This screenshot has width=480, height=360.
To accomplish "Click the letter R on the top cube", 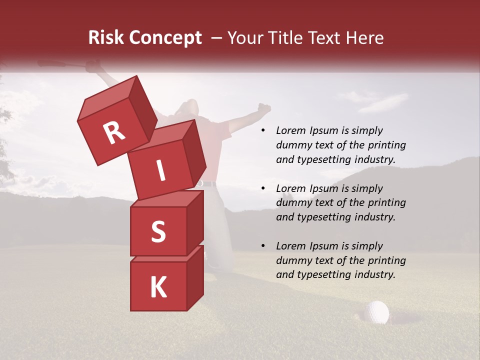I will (114, 132).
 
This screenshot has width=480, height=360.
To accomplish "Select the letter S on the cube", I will (158, 231).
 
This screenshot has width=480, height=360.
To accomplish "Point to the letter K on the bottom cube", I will (158, 287).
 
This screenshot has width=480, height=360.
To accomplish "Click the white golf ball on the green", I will (376, 312).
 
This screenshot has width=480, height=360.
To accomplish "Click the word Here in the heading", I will (365, 38).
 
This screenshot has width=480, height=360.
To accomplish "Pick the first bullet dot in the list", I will (263, 131).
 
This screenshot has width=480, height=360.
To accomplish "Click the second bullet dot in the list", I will (263, 189).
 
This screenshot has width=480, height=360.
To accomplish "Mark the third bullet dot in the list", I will (263, 246).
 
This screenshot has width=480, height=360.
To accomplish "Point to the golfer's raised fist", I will (264, 108).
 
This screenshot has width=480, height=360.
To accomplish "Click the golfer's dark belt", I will (207, 184).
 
